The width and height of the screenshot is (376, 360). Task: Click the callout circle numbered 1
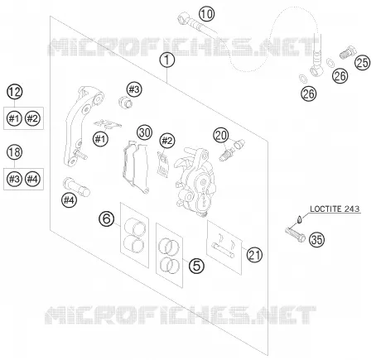(167, 60)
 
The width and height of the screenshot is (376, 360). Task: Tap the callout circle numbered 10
(206, 14)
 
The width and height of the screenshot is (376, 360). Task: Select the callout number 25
(362, 62)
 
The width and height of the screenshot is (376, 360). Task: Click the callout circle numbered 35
(316, 239)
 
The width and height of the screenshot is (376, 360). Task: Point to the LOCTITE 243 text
(335, 209)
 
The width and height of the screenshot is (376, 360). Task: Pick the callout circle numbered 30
(144, 132)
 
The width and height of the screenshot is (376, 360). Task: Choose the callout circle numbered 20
(221, 135)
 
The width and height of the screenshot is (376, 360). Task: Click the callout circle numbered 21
(254, 255)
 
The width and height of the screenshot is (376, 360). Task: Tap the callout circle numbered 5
(196, 266)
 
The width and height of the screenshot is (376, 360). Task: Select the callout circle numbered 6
(107, 218)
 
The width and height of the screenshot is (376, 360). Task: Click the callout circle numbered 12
(15, 92)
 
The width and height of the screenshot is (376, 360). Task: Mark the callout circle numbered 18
(15, 152)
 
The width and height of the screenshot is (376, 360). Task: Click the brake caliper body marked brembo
(195, 181)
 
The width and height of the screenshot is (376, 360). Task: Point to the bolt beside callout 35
(295, 233)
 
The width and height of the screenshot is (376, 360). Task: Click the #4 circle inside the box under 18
(32, 179)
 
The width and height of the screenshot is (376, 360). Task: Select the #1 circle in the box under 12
(14, 118)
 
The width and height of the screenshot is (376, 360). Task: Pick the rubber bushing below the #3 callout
(125, 102)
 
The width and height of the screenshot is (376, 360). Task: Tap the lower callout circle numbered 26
(309, 94)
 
